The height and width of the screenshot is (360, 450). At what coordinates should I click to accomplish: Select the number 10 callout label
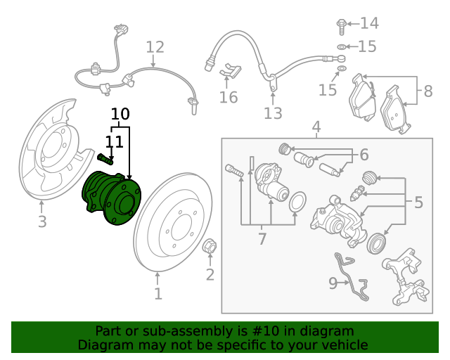[120, 114]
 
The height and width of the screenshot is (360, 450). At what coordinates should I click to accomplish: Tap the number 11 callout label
[115, 142]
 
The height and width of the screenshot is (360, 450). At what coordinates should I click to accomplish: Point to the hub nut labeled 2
[209, 247]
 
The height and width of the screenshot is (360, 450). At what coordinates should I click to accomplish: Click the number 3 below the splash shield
[42, 223]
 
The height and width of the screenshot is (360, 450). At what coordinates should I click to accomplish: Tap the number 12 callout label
[155, 48]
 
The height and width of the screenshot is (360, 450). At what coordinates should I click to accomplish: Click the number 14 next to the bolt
[369, 24]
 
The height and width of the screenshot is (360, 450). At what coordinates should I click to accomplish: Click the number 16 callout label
[228, 97]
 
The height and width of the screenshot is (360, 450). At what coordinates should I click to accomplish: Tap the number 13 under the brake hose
[273, 113]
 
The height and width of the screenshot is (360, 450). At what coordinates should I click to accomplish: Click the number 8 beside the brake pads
[427, 91]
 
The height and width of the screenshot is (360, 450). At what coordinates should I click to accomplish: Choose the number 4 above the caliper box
[316, 127]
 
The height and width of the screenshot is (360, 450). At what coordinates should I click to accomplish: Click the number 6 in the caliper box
[364, 155]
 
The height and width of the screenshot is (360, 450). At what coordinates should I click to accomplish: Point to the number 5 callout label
[418, 203]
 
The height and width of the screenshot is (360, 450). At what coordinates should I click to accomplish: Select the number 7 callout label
[262, 239]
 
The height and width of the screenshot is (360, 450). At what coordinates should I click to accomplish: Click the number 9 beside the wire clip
[333, 283]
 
